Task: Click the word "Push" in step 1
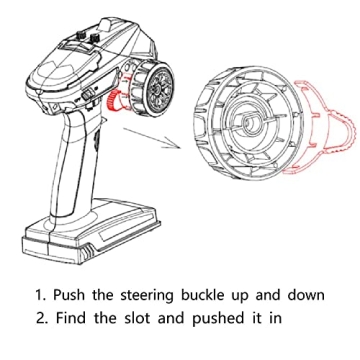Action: pos(69,295)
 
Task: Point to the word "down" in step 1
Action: pos(306,295)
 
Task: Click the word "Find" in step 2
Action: pos(70,318)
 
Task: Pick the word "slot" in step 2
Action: pos(137,318)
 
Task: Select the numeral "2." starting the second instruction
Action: pos(42,318)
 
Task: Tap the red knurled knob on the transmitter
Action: pos(112,100)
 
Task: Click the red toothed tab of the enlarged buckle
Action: pos(347,132)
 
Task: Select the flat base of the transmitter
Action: pos(91,232)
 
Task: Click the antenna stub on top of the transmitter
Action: pos(107,25)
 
